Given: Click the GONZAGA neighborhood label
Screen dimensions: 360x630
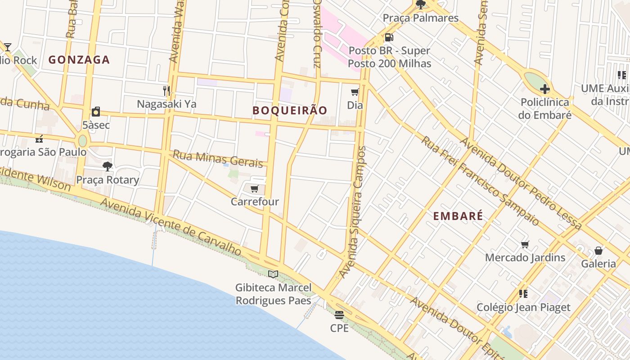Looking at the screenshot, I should tap(79, 59).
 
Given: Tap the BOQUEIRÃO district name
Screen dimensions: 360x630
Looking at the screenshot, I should tap(290, 110).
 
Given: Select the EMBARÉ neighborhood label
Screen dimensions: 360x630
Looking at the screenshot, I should tap(458, 216).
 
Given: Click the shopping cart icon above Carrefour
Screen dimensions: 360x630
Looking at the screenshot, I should tap(255, 189).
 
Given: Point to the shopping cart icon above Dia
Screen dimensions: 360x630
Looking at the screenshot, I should tap(355, 92).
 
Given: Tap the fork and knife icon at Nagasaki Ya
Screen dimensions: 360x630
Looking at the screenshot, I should tap(166, 90).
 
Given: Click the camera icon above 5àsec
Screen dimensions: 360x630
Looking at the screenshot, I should tap(95, 112).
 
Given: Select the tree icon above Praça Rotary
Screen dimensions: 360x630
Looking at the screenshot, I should tap(107, 166).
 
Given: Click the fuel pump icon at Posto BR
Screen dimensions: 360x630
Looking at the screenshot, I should tap(389, 37).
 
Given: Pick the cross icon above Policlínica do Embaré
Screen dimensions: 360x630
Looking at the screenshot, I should tap(544, 89).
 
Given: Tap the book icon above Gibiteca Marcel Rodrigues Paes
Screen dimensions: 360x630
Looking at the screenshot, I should tap(273, 274).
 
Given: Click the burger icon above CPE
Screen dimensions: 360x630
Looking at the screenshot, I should tap(339, 315).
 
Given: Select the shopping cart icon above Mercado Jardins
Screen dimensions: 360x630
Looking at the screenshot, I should tap(525, 245).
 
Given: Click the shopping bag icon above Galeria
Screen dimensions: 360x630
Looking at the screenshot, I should tap(598, 251).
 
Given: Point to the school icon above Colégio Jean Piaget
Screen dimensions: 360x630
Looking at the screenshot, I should tap(523, 294).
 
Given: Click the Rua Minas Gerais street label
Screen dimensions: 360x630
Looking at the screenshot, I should tap(218, 158).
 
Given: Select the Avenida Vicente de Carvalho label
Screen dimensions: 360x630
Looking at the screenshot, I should tap(171, 228).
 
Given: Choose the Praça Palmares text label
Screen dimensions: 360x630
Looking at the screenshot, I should tap(420, 18).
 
